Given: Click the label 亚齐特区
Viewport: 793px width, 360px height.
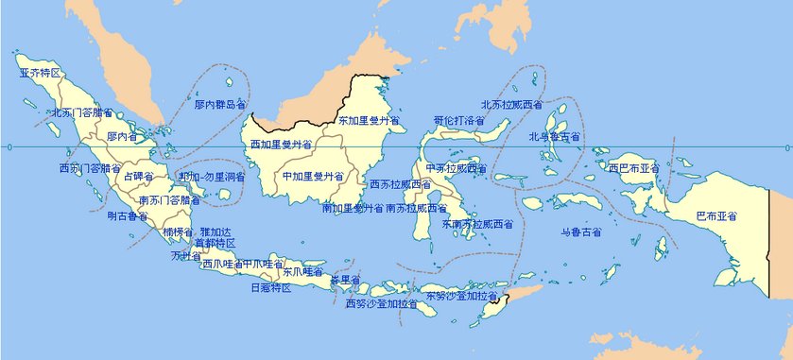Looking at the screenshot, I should (40, 72).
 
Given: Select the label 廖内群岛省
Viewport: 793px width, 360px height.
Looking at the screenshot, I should (220, 105).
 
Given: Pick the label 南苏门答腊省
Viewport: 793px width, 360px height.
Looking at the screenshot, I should (169, 200).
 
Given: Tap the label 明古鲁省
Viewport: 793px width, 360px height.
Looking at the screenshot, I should (128, 216).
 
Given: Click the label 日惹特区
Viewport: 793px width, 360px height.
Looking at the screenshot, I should (270, 287).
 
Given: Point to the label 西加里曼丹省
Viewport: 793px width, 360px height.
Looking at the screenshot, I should (281, 145).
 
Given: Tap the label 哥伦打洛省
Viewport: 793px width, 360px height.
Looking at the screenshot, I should (459, 122).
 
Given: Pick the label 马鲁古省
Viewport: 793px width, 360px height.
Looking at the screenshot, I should (580, 231).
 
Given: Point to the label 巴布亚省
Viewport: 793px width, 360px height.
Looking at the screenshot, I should (716, 216).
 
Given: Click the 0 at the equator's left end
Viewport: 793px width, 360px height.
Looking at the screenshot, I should (9, 147).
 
